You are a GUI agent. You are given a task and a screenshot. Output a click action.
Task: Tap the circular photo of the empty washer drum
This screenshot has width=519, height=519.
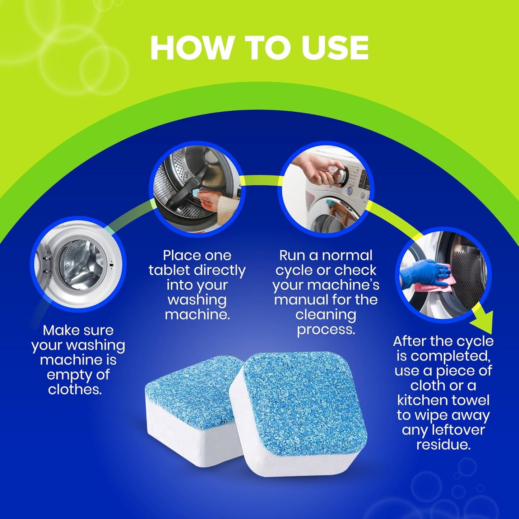pos(78,264)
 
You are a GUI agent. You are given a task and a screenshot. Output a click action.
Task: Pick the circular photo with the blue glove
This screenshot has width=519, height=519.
pos(443,275)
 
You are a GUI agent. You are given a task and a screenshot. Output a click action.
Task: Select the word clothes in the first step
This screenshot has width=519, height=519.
pos(75,389)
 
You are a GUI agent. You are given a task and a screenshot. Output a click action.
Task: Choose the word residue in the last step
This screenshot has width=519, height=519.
pos(443,445)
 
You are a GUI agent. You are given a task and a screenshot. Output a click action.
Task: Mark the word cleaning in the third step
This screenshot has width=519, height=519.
pos(326,315)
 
